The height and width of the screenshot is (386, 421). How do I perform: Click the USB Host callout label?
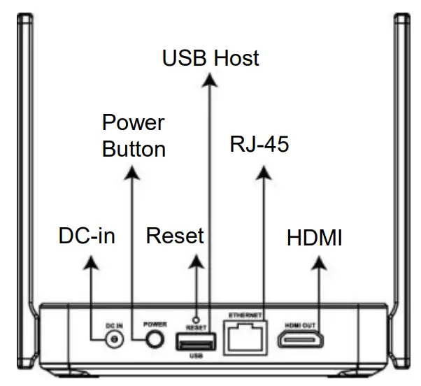point(210,58)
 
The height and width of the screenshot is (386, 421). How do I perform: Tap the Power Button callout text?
point(133,136)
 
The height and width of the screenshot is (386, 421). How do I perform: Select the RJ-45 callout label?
point(259,145)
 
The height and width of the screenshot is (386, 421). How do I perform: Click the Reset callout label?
point(175,236)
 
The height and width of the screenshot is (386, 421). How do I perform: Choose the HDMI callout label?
point(315,238)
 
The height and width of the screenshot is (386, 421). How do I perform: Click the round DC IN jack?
point(111,340)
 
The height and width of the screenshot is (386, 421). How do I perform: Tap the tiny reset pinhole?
point(197,317)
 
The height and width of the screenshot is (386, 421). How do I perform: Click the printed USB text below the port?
point(197,357)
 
